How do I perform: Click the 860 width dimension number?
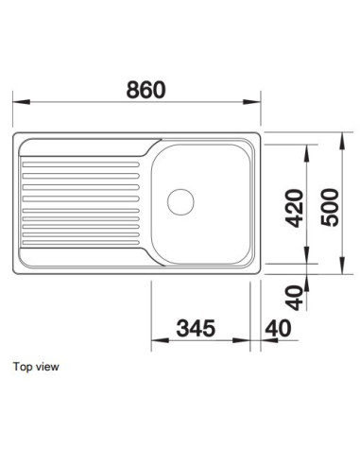pos(146,90)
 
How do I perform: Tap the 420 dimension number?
pos(295,208)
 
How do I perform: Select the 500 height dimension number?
pos(330,207)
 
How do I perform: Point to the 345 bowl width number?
pos(196,328)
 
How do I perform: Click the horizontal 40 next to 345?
pos(279,328)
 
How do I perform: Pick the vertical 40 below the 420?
pos(294,298)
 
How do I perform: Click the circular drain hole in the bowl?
pos(180,202)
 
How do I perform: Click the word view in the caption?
pos(47,367)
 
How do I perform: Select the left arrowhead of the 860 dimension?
pos(22,102)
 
